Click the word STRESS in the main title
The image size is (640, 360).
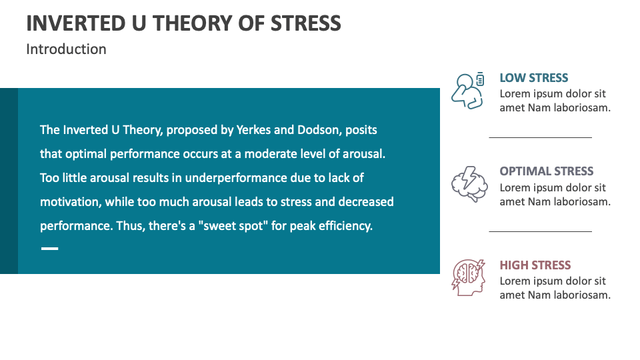(x=305, y=23)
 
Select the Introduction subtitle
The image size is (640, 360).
(x=66, y=49)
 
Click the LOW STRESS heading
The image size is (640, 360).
(x=534, y=78)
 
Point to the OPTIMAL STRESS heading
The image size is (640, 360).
(x=547, y=171)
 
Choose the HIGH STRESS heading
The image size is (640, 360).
(x=535, y=265)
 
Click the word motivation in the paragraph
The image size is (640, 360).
(x=69, y=202)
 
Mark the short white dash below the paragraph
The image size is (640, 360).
(x=49, y=249)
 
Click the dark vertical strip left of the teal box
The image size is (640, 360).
(x=9, y=181)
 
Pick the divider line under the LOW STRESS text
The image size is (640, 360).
(x=541, y=138)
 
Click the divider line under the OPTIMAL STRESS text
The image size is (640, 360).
(x=541, y=232)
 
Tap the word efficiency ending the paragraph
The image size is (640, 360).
(x=344, y=226)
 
